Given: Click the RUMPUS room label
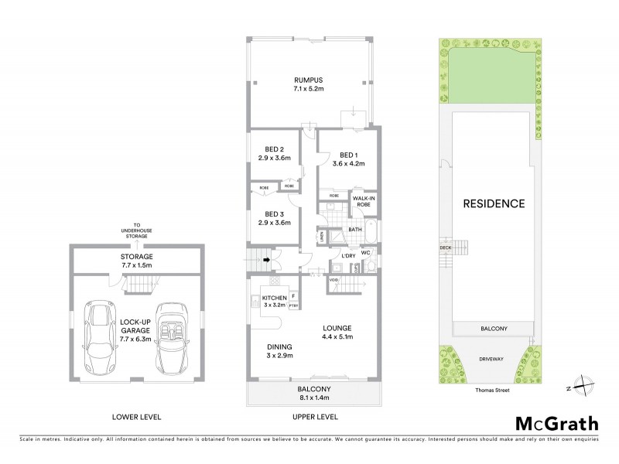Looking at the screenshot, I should click(x=308, y=80).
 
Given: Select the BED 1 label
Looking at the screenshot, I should click(x=347, y=153).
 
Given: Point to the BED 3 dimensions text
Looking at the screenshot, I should click(x=274, y=223).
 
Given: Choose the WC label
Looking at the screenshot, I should click(x=366, y=252).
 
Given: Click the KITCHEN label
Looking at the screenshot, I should click(x=274, y=298).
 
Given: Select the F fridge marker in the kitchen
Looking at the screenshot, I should click(x=294, y=295).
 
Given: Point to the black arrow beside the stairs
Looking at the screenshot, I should click(x=267, y=261).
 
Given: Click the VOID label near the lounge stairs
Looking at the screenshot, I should click(x=333, y=280).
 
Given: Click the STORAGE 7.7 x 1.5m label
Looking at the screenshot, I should click(x=136, y=261).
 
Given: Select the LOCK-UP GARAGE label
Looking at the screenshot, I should click(x=136, y=329).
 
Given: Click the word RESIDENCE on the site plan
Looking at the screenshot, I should click(x=494, y=204).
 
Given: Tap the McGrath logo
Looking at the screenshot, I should click(x=556, y=423).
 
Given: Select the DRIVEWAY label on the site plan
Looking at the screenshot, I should click(x=491, y=359).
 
